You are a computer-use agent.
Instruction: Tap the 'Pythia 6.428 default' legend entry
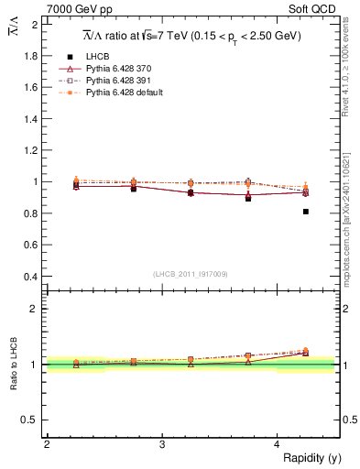click(125, 93)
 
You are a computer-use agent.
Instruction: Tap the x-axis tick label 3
click(162, 444)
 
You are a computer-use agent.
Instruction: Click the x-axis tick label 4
click(277, 444)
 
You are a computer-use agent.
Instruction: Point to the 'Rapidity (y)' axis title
click(311, 457)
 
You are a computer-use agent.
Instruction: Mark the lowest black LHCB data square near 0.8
click(305, 212)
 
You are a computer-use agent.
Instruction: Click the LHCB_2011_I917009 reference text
click(191, 274)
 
